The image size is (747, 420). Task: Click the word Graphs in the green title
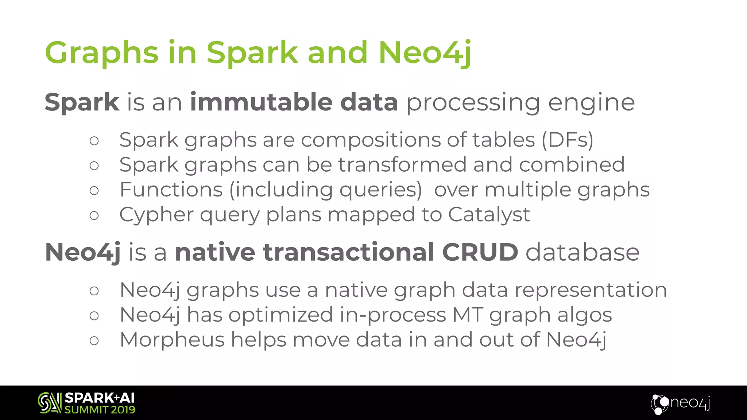coord(101,53)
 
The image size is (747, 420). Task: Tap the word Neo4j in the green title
coord(425,53)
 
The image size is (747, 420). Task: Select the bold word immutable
coord(261,102)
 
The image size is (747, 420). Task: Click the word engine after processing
coord(591,103)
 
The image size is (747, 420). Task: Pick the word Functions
coord(171,190)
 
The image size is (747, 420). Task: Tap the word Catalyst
coord(489,214)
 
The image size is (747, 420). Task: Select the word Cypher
coord(156,215)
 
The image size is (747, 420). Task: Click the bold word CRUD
coord(480,252)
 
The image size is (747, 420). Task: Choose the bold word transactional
coord(348,252)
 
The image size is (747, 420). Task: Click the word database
coord(582,252)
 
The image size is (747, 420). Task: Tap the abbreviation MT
coord(468,315)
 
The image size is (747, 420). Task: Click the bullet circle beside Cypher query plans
coord(94,215)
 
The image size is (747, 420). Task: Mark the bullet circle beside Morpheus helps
coord(94,341)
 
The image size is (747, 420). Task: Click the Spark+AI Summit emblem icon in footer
coord(50,403)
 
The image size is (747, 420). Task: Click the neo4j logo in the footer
coord(681,403)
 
